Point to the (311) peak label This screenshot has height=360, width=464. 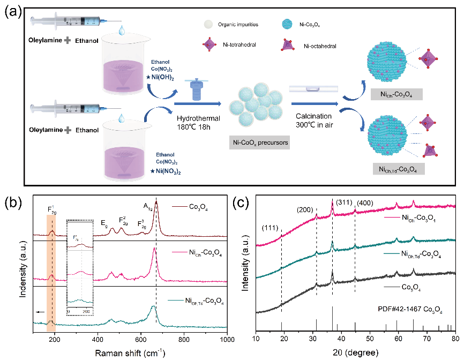point(345,203)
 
